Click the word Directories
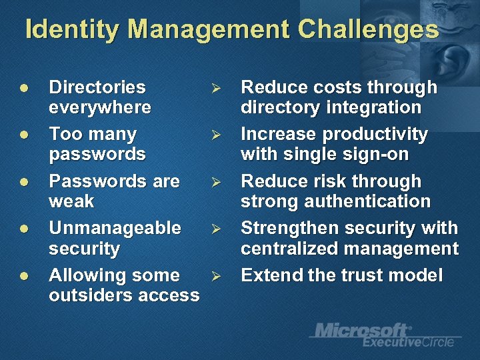tap(97, 87)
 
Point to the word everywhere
tap(100, 107)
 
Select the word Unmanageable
tap(115, 229)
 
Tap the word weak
tap(71, 201)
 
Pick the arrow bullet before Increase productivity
tap(215, 135)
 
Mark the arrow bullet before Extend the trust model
tap(215, 276)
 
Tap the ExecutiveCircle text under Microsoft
tap(408, 342)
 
